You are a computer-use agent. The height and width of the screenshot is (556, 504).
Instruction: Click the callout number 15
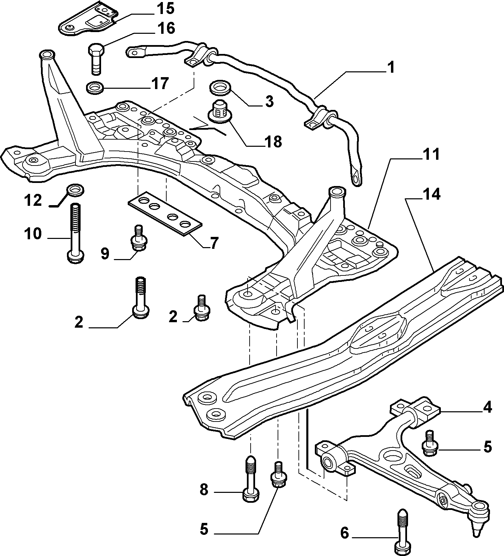tap(165, 9)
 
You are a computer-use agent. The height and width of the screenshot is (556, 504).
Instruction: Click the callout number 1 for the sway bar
tap(391, 67)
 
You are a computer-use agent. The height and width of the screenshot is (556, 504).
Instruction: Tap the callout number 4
tap(487, 408)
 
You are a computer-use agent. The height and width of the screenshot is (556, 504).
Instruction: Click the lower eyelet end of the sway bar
tap(356, 177)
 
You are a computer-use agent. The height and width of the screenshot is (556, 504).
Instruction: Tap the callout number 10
tap(33, 234)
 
